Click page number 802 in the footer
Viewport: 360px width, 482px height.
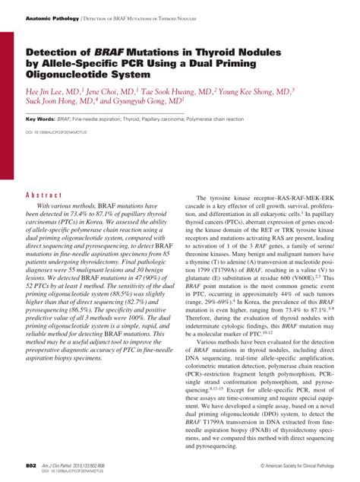[x=30, y=464]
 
